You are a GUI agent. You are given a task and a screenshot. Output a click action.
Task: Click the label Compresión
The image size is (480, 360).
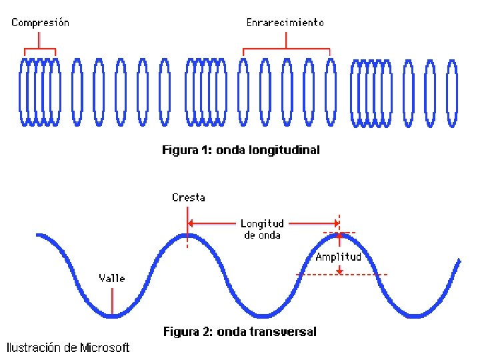[x=40, y=23]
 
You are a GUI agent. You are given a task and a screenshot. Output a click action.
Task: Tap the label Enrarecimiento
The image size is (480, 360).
[x=285, y=23]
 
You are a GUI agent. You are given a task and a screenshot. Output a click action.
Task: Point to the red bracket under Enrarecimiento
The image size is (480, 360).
[x=287, y=49]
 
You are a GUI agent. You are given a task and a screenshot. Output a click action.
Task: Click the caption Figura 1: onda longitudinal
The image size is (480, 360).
[x=241, y=150]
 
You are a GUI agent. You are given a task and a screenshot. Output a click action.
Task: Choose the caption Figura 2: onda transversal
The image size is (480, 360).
[x=240, y=331]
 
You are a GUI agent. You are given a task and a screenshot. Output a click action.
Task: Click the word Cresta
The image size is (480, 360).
[x=189, y=197]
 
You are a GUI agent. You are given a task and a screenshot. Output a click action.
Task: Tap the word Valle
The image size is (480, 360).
[x=112, y=278]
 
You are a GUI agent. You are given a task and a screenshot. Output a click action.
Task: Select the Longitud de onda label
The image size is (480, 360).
[x=262, y=229]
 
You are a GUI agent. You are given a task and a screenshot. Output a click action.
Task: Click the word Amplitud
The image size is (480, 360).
[x=339, y=257]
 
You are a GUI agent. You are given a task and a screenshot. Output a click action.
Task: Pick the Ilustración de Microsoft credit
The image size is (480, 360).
[x=68, y=347]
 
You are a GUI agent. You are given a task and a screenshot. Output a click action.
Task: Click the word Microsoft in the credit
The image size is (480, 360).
[x=105, y=347]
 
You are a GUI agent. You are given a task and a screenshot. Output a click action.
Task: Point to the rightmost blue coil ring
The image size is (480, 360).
[x=452, y=91]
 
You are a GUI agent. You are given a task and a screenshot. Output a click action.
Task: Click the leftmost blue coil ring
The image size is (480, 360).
[x=24, y=91]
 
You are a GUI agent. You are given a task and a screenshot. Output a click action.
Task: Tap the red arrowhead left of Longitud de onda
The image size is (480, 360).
[x=191, y=223]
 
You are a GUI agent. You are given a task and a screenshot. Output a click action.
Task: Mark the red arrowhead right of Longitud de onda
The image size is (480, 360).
[x=336, y=223]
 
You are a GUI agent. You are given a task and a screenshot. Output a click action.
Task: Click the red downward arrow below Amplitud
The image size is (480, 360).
[x=340, y=269]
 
